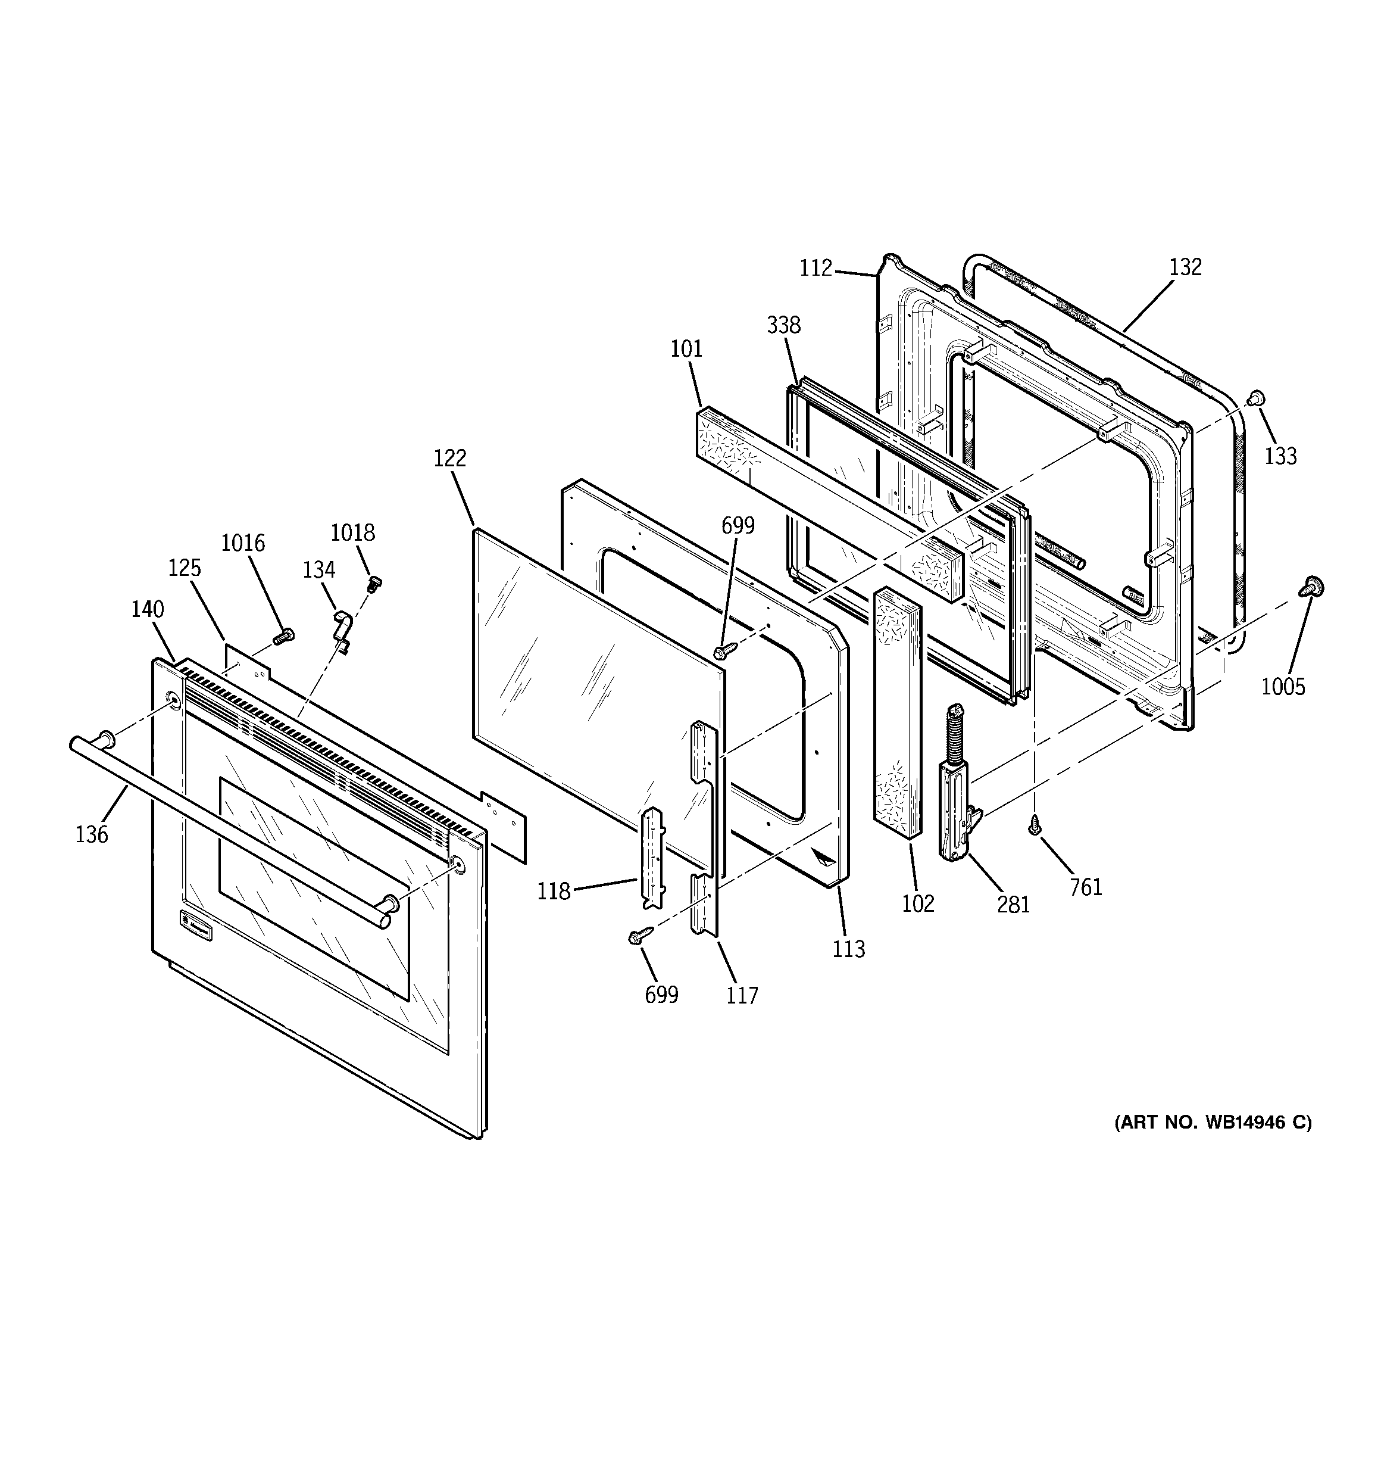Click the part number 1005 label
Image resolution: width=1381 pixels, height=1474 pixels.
(1283, 687)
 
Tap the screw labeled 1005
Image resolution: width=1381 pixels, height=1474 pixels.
(1313, 588)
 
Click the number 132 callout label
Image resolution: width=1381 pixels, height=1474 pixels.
(1185, 267)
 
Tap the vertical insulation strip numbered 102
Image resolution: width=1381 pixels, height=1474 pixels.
(898, 712)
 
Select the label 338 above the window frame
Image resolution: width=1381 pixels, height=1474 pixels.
(783, 325)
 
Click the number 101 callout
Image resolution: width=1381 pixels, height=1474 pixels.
(686, 348)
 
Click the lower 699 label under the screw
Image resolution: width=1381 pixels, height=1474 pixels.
(661, 995)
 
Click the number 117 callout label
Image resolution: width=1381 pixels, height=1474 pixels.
(742, 995)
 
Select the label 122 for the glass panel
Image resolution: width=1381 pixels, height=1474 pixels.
(450, 458)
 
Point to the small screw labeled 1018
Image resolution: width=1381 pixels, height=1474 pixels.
(374, 584)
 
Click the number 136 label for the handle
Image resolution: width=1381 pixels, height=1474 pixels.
(92, 835)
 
